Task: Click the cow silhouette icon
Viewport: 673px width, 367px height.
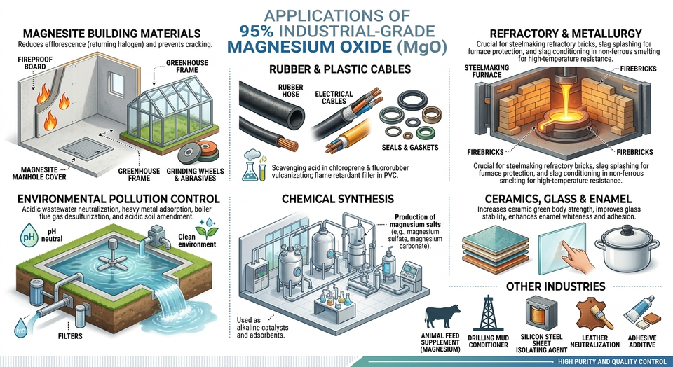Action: [442, 317]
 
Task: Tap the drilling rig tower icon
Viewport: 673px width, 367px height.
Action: [489, 314]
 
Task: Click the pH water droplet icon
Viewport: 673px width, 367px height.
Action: [28, 235]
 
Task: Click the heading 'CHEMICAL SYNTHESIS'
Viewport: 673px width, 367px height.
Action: [338, 198]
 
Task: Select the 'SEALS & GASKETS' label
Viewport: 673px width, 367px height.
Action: [410, 148]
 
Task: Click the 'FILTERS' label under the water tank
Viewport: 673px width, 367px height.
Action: [70, 336]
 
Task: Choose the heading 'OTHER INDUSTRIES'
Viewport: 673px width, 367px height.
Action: [555, 286]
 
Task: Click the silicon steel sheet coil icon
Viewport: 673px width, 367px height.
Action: [541, 314]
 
